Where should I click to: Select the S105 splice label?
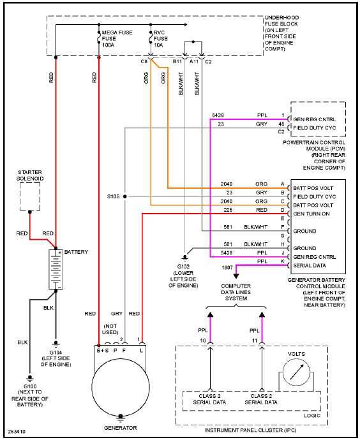112,196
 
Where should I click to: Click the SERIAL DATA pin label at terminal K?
311,265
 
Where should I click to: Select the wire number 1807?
227,268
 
